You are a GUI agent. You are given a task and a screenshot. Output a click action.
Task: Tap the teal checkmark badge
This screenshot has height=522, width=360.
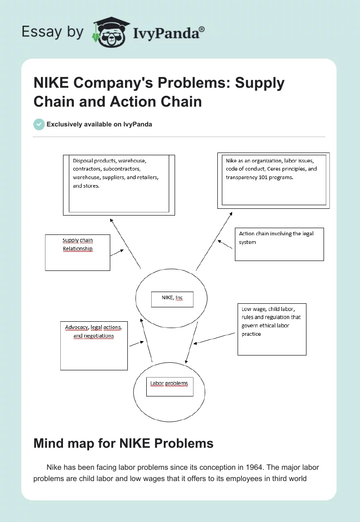point(39,124)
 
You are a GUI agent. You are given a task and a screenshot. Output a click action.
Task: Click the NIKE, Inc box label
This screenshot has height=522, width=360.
point(172,298)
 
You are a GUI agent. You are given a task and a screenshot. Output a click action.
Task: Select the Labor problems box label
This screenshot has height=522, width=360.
point(169,384)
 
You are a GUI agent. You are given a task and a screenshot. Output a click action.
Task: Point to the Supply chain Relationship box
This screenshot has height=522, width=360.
point(78,252)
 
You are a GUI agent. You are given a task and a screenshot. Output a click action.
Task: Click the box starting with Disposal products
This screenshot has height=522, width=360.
point(119,184)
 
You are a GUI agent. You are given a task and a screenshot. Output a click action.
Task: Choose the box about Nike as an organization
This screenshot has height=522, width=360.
point(274,180)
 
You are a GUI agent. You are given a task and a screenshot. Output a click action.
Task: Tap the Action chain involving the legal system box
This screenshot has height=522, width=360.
point(279,244)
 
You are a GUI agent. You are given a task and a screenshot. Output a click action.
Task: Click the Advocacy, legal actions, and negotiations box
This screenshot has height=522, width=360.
point(94,345)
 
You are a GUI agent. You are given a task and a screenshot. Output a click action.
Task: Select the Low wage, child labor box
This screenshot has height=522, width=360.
point(272,329)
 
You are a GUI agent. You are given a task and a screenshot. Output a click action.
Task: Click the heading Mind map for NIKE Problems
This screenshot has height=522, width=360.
point(123,443)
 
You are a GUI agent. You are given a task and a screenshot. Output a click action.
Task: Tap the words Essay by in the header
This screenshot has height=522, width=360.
point(53,31)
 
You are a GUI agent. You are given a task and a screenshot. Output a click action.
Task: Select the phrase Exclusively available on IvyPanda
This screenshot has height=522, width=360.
point(99,124)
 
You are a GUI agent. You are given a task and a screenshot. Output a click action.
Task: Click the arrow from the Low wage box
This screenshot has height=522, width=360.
point(214,338)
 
